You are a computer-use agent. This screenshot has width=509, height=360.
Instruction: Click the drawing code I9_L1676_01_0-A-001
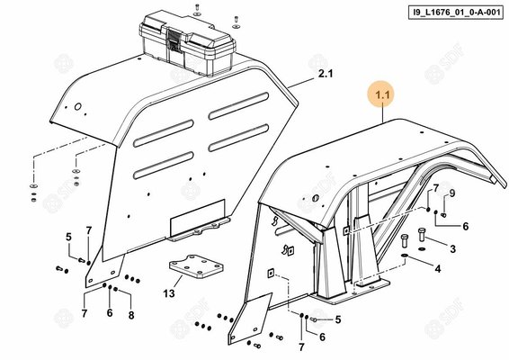(456, 13)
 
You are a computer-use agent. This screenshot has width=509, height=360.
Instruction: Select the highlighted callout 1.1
(382, 95)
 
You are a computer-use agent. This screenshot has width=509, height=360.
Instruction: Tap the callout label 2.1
(326, 74)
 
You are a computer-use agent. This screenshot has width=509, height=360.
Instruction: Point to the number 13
(169, 293)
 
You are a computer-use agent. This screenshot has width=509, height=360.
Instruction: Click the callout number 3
(452, 249)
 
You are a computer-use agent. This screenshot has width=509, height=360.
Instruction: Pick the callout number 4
(438, 269)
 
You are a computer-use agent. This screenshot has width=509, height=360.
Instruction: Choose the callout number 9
(451, 193)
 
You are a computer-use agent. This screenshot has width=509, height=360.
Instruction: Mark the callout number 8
(131, 315)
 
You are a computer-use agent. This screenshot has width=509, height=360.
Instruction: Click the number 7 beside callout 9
(436, 188)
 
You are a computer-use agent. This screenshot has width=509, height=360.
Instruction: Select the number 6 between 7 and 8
(110, 313)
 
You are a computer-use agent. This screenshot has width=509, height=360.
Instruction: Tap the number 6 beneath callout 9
(466, 226)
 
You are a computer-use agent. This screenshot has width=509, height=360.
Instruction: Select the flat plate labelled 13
(196, 266)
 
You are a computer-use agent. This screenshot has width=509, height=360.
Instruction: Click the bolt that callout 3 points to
(422, 235)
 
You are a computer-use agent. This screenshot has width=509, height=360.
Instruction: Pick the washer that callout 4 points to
(405, 256)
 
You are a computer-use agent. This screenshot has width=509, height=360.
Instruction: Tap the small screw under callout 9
(443, 215)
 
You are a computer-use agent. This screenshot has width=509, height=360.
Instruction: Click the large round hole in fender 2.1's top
(78, 106)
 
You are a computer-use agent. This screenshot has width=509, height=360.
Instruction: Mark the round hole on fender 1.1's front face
(315, 198)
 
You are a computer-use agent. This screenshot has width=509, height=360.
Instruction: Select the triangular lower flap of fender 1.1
(249, 319)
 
